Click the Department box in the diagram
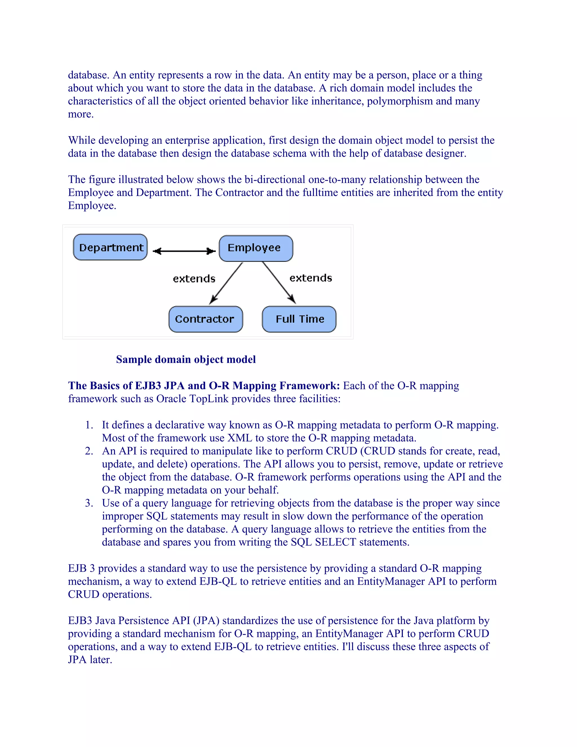(110, 247)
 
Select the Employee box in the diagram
(256, 248)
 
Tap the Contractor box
(205, 319)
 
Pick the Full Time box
(299, 319)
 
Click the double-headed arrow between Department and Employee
(184, 251)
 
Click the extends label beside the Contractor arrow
(194, 279)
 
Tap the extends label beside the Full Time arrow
(311, 278)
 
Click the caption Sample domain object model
(186, 359)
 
